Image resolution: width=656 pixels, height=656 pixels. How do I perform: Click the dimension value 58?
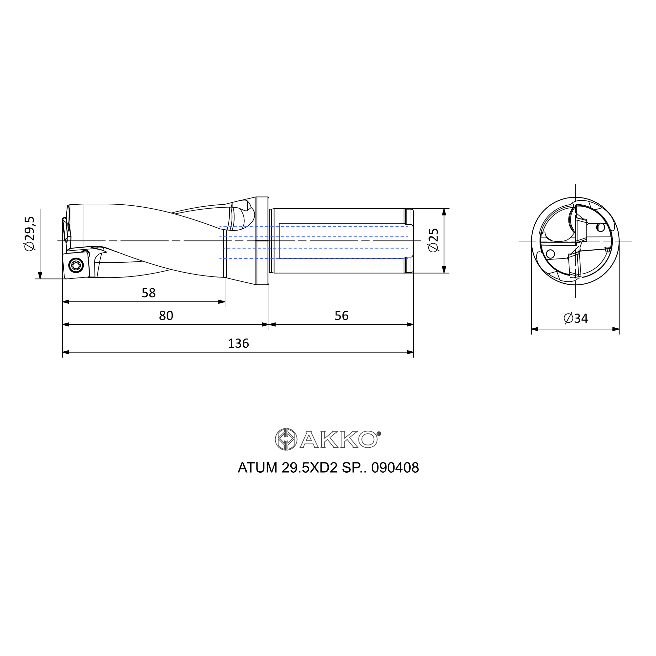click(x=148, y=293)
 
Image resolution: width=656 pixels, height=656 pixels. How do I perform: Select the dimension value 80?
click(x=166, y=316)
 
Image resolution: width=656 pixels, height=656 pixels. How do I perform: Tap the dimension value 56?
click(x=341, y=316)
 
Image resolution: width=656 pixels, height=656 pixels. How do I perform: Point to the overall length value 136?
click(x=238, y=344)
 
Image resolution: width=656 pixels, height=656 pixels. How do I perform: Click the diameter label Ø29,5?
click(x=30, y=234)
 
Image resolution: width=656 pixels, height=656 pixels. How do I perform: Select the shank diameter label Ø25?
click(x=434, y=240)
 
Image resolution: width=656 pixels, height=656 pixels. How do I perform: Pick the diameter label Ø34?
click(x=576, y=318)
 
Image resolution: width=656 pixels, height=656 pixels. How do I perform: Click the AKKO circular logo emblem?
click(x=286, y=440)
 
